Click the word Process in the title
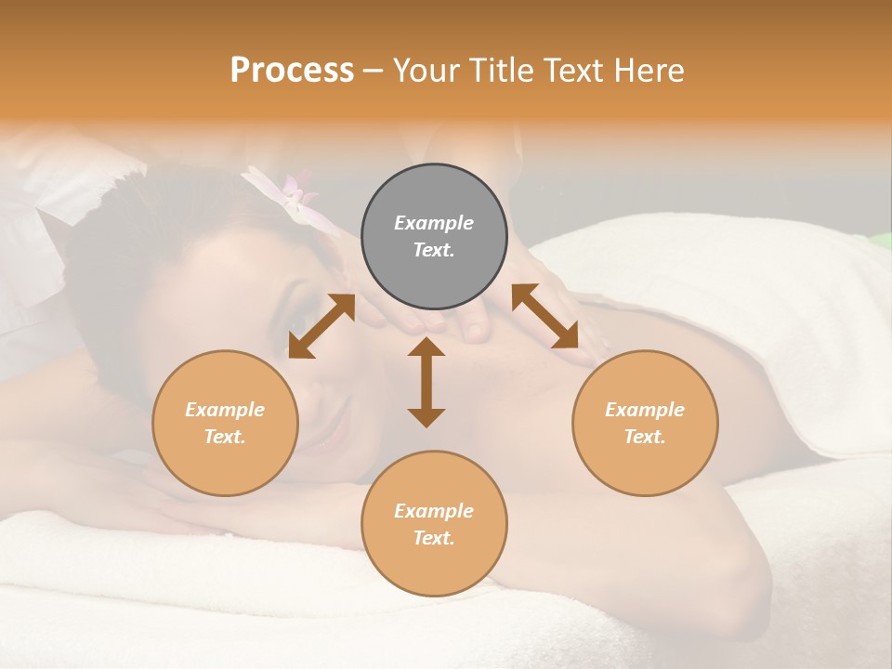click(292, 71)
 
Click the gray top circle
click(434, 236)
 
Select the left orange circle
click(225, 423)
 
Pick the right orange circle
click(645, 423)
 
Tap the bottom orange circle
click(434, 524)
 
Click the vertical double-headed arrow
click(426, 382)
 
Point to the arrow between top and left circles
click(321, 326)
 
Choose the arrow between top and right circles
click(545, 317)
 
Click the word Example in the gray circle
click(434, 223)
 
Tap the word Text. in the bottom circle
click(434, 538)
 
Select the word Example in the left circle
click(225, 410)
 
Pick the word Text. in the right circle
click(645, 437)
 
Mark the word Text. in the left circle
click(225, 437)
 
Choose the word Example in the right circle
click(645, 410)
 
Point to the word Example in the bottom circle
click(434, 511)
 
